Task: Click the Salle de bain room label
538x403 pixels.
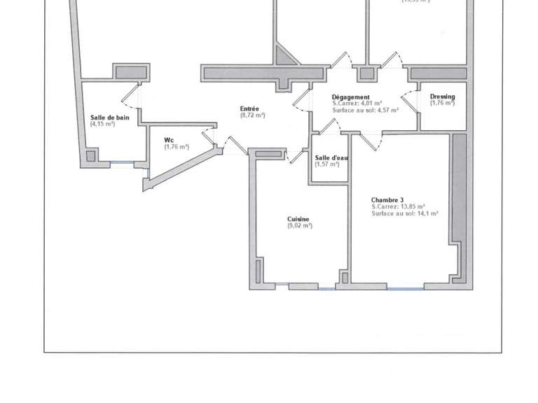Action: pyautogui.click(x=109, y=118)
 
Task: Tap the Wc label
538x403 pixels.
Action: pyautogui.click(x=169, y=140)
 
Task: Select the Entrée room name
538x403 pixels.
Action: pyautogui.click(x=249, y=108)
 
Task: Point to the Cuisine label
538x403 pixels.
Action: pyautogui.click(x=298, y=219)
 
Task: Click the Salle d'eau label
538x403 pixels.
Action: pyautogui.click(x=331, y=157)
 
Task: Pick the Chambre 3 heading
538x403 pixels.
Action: pyautogui.click(x=387, y=199)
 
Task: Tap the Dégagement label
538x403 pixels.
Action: pyautogui.click(x=351, y=97)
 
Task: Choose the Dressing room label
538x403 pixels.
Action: pyautogui.click(x=443, y=97)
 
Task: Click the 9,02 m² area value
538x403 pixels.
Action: pyautogui.click(x=300, y=226)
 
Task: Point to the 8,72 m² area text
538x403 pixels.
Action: pyautogui.click(x=252, y=115)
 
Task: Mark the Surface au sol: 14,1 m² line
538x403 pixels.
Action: pyautogui.click(x=405, y=213)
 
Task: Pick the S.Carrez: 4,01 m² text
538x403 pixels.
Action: pyautogui.click(x=357, y=104)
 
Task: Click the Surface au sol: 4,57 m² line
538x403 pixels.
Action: pyautogui.click(x=366, y=110)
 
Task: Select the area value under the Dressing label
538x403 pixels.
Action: pyautogui.click(x=443, y=103)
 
